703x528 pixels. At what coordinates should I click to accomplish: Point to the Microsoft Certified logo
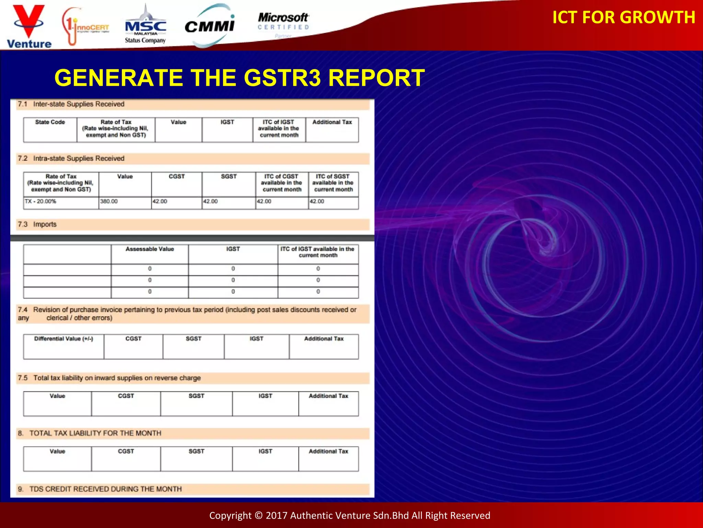click(x=284, y=22)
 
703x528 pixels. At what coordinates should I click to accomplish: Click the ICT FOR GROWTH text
click(x=623, y=17)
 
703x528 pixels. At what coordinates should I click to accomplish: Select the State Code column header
click(x=50, y=122)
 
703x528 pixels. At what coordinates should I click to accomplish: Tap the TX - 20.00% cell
click(x=41, y=201)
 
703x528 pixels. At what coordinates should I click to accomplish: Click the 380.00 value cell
click(x=109, y=201)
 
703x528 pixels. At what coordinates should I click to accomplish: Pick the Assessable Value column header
click(x=150, y=249)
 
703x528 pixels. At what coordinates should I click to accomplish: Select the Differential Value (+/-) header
click(x=64, y=339)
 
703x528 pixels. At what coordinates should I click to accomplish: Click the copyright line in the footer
click(x=349, y=515)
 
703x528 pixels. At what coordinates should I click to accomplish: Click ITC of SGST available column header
click(x=333, y=183)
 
